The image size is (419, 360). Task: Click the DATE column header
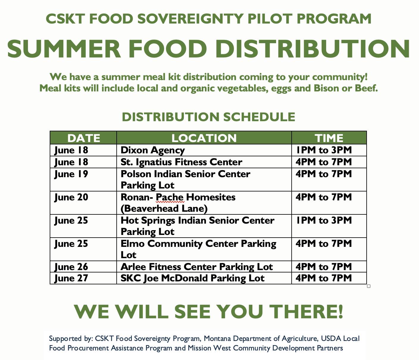pyautogui.click(x=84, y=138)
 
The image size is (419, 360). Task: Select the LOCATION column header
pyautogui.click(x=204, y=138)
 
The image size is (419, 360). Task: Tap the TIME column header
pyautogui.click(x=329, y=138)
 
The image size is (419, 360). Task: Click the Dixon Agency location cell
pyautogui.click(x=153, y=150)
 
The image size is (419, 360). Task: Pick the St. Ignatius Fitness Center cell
pyautogui.click(x=181, y=162)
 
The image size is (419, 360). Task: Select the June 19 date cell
pyautogui.click(x=71, y=174)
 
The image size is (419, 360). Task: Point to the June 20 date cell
pyautogui.click(x=71, y=197)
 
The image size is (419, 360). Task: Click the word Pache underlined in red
pyautogui.click(x=170, y=197)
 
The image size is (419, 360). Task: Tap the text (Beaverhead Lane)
pyautogui.click(x=164, y=208)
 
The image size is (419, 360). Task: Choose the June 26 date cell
pyautogui.click(x=71, y=267)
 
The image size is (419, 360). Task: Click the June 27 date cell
pyautogui.click(x=71, y=278)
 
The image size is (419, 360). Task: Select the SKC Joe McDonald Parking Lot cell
pyautogui.click(x=192, y=278)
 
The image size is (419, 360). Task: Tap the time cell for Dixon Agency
pyautogui.click(x=324, y=150)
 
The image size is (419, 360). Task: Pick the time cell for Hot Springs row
pyautogui.click(x=324, y=220)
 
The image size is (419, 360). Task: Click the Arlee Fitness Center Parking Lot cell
pyautogui.click(x=196, y=267)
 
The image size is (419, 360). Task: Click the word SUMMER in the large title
pyautogui.click(x=64, y=49)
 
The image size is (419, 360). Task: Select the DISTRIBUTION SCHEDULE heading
pyautogui.click(x=208, y=117)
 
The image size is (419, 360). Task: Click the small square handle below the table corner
pyautogui.click(x=369, y=286)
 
